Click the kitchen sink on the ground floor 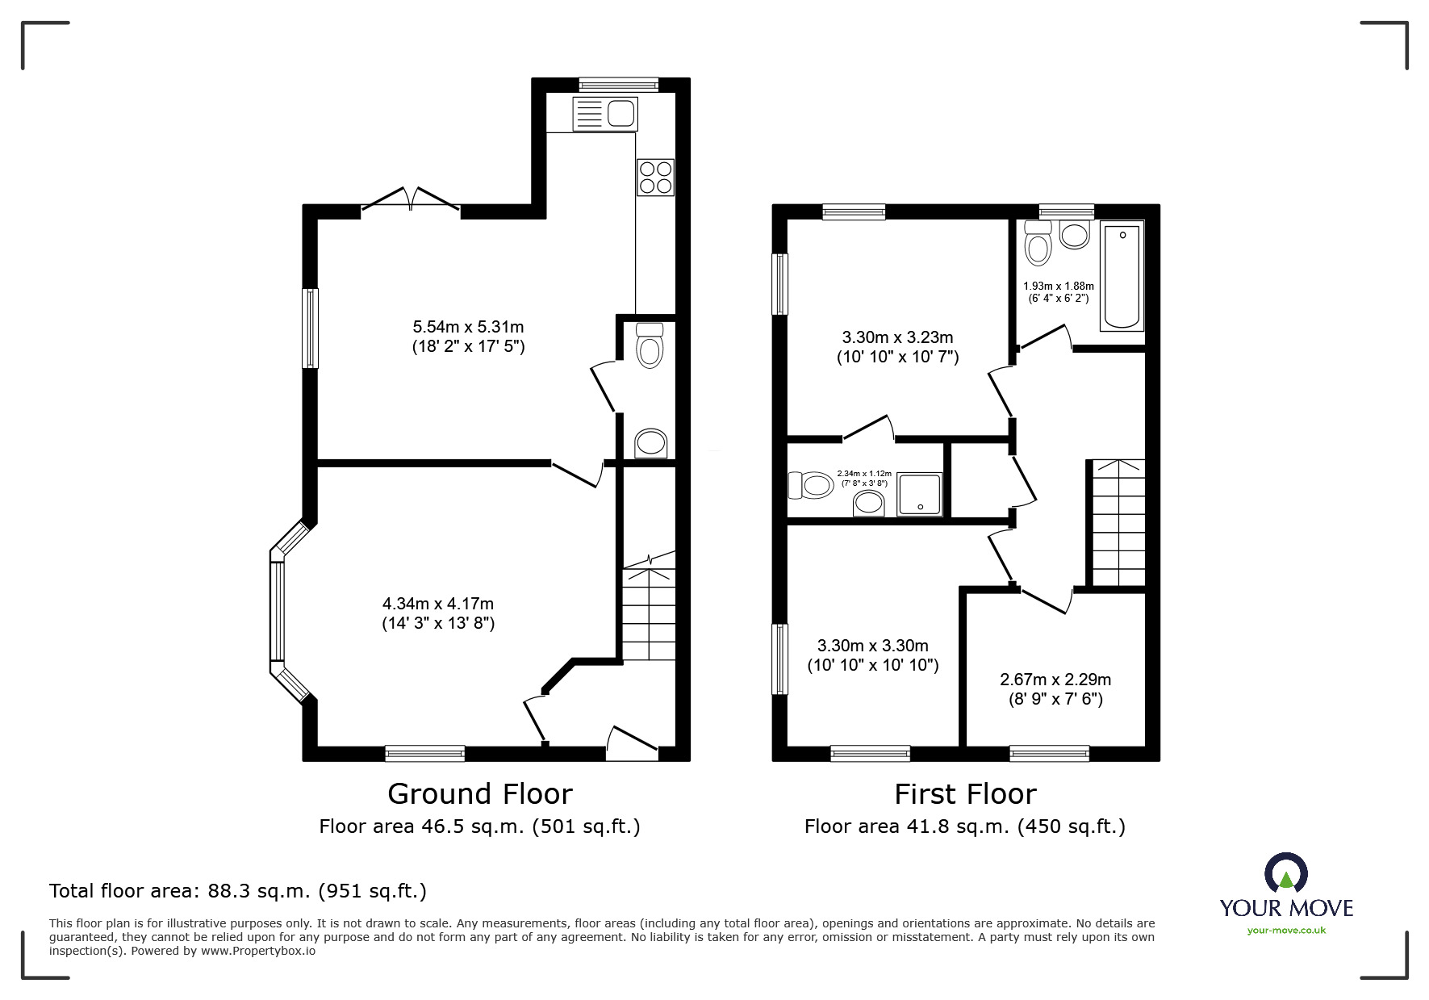coord(605,113)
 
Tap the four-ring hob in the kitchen coord(655,178)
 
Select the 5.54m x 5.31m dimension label coord(468,337)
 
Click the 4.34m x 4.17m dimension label coord(438,613)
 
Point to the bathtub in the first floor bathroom coord(1122,276)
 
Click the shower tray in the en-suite coord(920,494)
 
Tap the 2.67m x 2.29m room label coord(1055,689)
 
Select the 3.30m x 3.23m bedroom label coord(897,347)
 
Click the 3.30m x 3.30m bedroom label coord(873,655)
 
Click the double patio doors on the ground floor coord(412,201)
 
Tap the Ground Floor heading coord(480,794)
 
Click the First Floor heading coord(965,794)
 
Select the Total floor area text coord(238,891)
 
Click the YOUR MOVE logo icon coord(1285,873)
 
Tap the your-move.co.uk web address coord(1286,931)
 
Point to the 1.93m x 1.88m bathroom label coord(1059,292)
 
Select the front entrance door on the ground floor coord(633,743)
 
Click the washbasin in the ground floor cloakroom coord(651,443)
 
